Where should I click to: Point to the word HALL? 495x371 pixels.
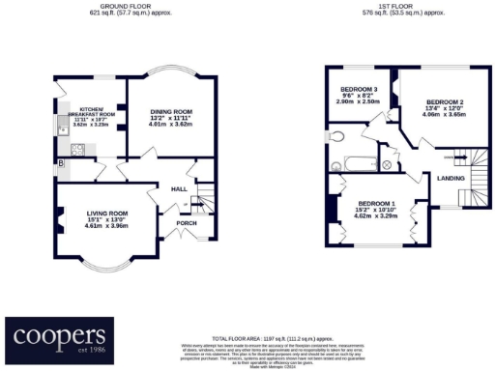click(179, 189)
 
